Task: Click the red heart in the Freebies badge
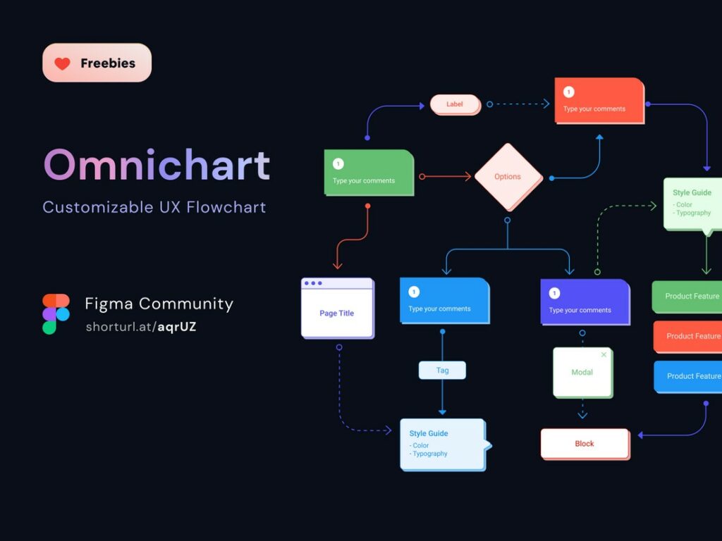pos(63,63)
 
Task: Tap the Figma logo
pos(56,314)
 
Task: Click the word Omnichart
pos(157,165)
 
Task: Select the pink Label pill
pos(455,104)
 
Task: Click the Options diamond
pos(508,177)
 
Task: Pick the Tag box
pos(442,371)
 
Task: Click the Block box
pos(585,444)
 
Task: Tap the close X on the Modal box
pos(604,355)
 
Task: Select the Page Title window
pos(337,308)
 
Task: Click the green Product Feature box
pos(687,297)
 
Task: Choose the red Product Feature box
pos(687,336)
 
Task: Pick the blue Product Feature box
pos(687,376)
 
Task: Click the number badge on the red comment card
pos(569,92)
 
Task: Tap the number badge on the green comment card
pos(338,164)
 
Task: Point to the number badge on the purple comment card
pos(555,293)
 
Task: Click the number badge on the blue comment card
pos(414,292)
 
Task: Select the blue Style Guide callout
pos(443,444)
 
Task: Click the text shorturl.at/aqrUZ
pos(141,327)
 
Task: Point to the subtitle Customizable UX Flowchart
pos(154,207)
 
